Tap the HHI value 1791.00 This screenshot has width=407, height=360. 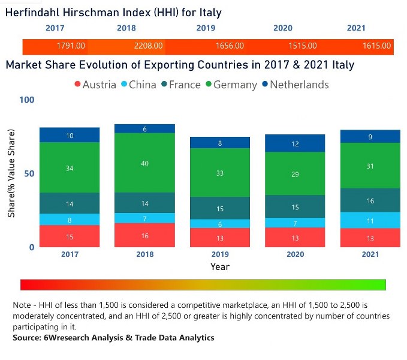click(71, 46)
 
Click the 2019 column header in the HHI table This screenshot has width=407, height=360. click(206, 28)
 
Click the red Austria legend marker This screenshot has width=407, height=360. click(77, 85)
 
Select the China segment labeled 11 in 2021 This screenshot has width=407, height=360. click(370, 220)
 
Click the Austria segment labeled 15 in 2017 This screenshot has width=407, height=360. click(70, 236)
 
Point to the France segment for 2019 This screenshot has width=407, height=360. click(219, 208)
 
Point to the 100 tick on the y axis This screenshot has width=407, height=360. click(28, 100)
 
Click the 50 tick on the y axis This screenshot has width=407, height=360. click(30, 173)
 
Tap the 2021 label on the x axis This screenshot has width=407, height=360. click(370, 254)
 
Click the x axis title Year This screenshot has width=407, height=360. click(219, 266)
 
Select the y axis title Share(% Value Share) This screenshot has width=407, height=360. click(11, 173)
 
